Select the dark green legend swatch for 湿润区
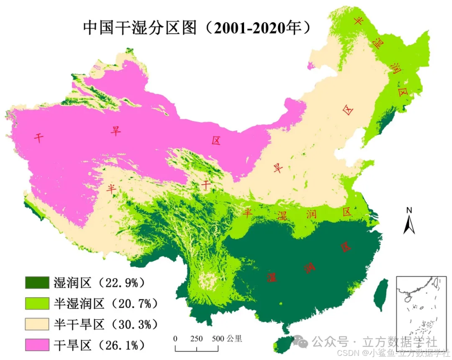[37, 283]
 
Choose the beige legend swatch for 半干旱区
[37, 324]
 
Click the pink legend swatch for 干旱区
[37, 345]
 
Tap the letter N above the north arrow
[409, 210]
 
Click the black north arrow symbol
[409, 225]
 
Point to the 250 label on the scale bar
[196, 339]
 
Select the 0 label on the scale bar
[175, 339]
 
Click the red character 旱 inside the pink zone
[115, 131]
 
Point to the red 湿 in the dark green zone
[272, 277]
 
